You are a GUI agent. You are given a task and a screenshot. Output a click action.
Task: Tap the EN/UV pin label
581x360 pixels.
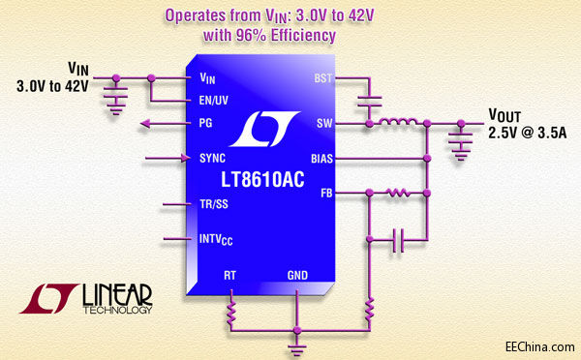click(214, 100)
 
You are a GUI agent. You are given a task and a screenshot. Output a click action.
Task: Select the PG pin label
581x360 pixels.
click(205, 123)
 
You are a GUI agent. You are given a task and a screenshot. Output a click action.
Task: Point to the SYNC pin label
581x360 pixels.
click(214, 157)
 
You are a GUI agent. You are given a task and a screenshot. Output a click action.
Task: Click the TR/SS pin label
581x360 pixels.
click(214, 204)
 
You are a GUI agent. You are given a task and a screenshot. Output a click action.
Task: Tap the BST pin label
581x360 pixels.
click(322, 76)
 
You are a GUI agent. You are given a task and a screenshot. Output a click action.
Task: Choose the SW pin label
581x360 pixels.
click(324, 123)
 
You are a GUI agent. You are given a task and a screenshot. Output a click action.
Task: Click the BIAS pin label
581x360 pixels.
click(321, 157)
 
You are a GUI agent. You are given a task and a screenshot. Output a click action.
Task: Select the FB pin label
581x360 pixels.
click(326, 193)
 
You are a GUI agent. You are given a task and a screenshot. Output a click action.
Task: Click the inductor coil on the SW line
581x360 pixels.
click(396, 122)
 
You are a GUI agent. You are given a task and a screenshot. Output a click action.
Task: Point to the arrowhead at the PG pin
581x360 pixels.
click(146, 123)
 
